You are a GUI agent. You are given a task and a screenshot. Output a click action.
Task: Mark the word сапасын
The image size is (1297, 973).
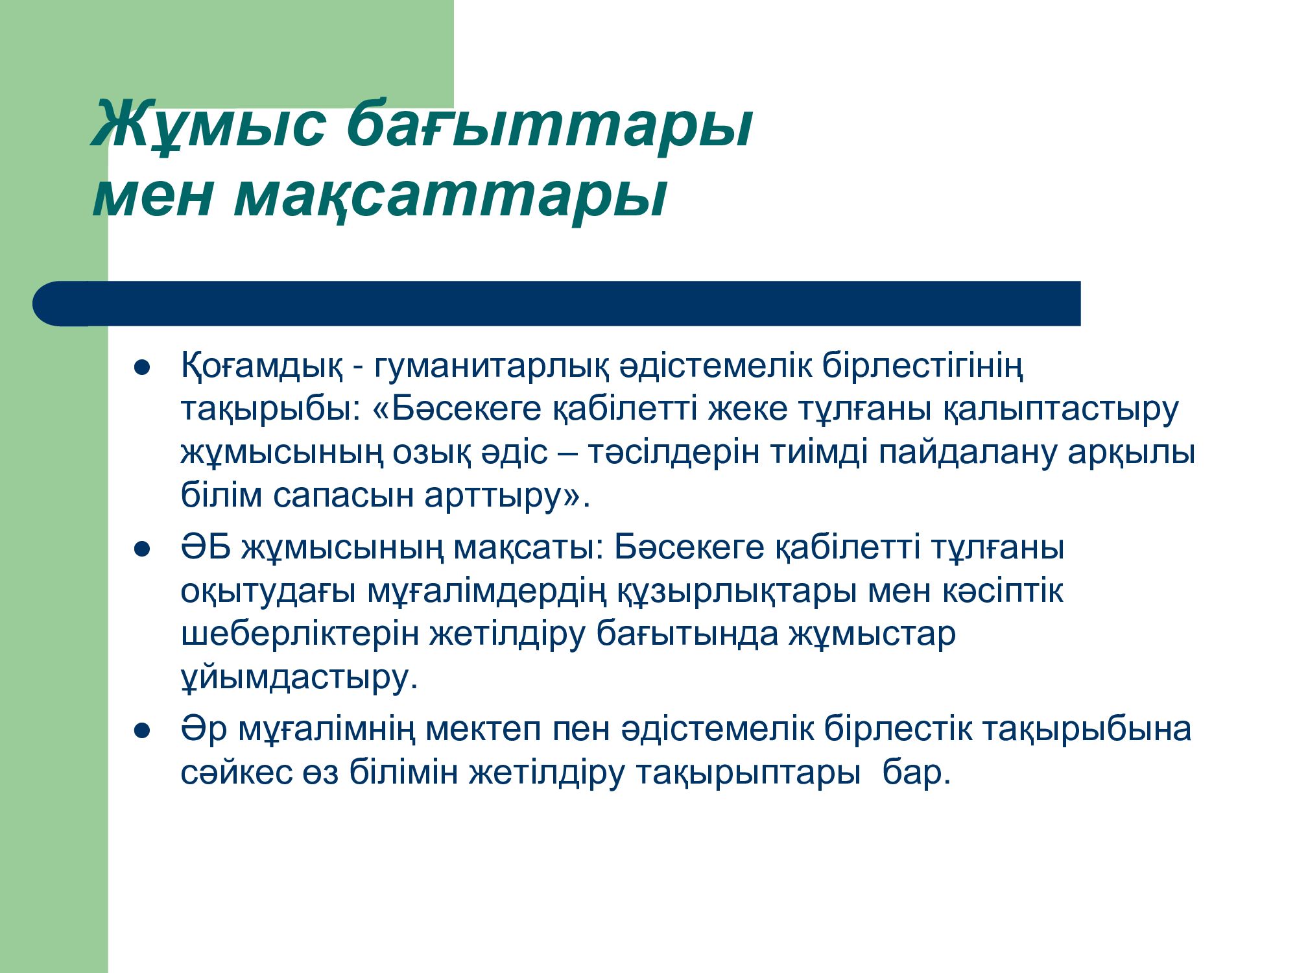click(x=343, y=496)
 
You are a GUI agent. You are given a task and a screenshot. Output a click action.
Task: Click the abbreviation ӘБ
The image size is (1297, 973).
click(x=206, y=547)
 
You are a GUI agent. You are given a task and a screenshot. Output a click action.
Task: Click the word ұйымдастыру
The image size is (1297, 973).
click(x=299, y=679)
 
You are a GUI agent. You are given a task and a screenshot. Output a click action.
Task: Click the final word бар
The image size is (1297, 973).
click(x=916, y=773)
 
